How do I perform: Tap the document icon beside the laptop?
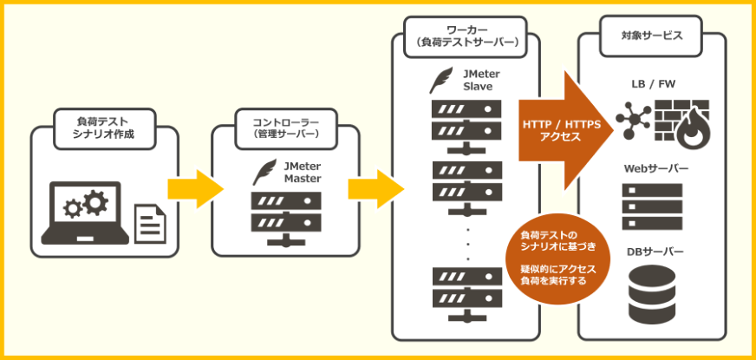(148, 225)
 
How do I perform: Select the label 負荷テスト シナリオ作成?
(103, 128)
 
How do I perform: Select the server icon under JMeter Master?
(285, 216)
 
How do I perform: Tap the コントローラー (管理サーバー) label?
(285, 128)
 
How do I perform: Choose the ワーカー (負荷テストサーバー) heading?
(466, 36)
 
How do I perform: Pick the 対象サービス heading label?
(652, 36)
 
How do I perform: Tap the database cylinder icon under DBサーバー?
(652, 293)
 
